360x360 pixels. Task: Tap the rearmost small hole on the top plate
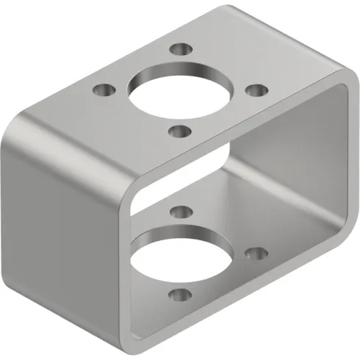(179, 50)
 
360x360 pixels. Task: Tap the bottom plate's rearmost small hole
(180, 212)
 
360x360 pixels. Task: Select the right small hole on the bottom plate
(256, 253)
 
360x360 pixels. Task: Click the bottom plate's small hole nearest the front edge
(177, 296)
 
